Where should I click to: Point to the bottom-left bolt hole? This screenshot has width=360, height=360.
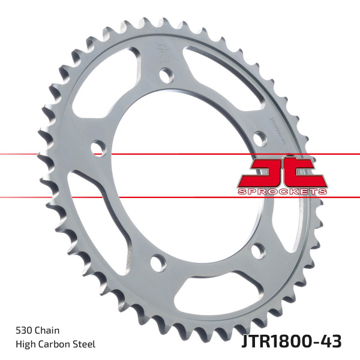158,262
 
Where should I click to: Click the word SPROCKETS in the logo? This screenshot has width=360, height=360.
281,191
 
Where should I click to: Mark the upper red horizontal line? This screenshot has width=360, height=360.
120,154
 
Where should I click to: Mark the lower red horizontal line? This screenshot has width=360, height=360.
120,197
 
